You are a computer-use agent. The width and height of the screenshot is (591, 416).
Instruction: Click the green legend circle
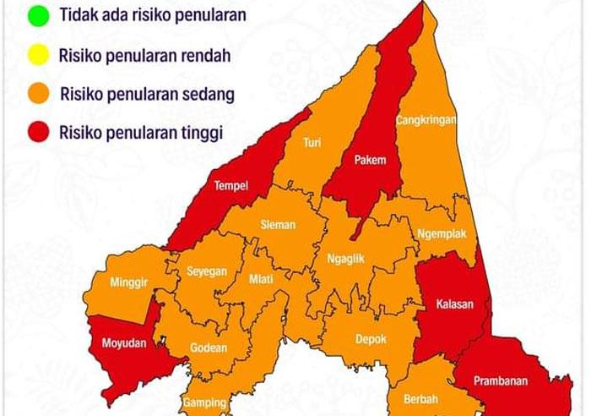[x=38, y=15]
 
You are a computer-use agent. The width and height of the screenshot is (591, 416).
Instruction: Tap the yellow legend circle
[x=38, y=56]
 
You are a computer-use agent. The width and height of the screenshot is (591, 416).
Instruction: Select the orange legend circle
[x=38, y=94]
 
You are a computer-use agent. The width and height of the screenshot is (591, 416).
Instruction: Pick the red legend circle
[x=38, y=133]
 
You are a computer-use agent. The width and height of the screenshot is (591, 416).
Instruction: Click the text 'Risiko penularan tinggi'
[x=141, y=133]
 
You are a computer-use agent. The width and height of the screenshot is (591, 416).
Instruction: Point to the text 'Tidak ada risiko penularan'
[x=153, y=15]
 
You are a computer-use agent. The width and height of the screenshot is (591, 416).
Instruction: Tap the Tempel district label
[x=230, y=186]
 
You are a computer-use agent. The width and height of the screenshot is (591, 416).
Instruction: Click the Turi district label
[x=312, y=142]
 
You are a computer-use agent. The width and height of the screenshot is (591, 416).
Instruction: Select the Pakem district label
[x=370, y=160]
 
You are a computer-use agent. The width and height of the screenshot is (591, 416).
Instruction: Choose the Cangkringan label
[x=426, y=120]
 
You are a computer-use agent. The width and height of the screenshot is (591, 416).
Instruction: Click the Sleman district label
[x=278, y=225]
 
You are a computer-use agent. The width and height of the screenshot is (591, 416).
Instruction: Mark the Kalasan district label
[x=454, y=304]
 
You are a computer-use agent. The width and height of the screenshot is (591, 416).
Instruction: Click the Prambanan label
[x=501, y=380]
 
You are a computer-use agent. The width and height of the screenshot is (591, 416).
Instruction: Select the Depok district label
[x=371, y=339]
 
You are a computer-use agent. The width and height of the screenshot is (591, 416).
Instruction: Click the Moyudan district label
[x=124, y=343]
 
